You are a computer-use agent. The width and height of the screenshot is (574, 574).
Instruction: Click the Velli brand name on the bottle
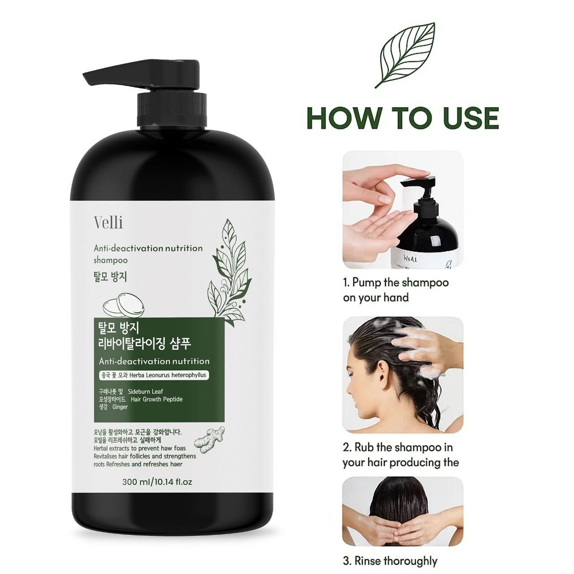(109, 222)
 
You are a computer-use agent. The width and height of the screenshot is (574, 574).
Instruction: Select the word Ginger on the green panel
(120, 407)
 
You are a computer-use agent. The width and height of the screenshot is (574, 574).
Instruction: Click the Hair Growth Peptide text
(157, 399)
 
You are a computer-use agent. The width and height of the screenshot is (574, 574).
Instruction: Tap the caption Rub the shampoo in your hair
(400, 455)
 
